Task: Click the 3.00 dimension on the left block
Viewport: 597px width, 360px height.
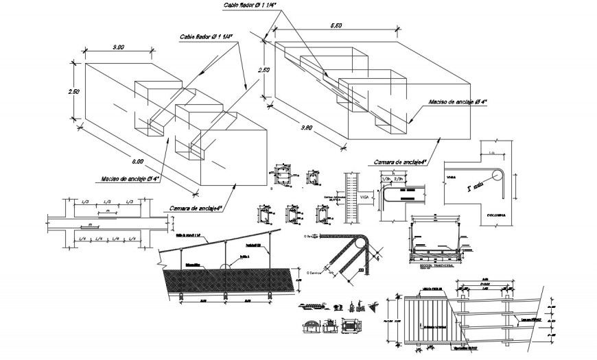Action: pos(117,47)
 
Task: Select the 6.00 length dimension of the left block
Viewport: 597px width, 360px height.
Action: pos(137,161)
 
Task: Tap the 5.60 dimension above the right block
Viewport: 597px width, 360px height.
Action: pos(336,25)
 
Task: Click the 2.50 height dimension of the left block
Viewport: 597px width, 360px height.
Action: pos(75,91)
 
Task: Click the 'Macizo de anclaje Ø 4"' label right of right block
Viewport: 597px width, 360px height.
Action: pos(458,102)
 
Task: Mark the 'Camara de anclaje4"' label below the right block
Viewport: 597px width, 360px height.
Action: pos(401,162)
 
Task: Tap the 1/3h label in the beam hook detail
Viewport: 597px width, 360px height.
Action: pos(387,179)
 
